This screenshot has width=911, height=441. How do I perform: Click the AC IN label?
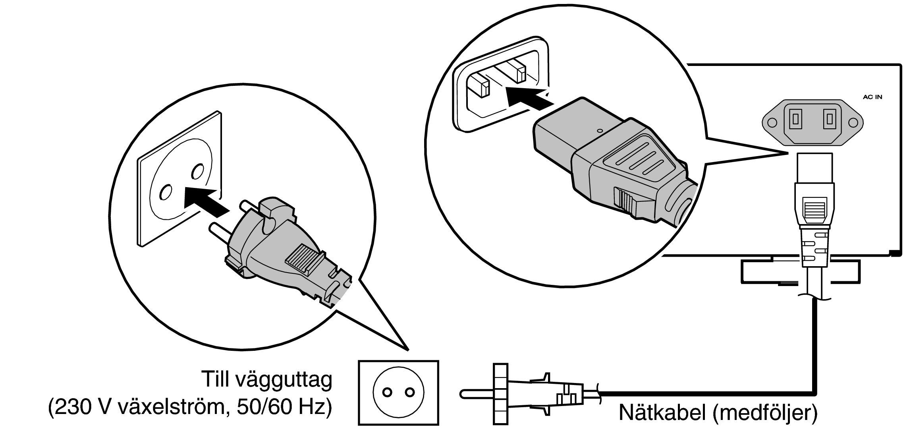(x=872, y=97)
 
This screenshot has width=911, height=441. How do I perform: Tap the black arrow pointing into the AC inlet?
(x=529, y=99)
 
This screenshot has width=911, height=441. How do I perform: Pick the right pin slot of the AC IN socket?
(x=830, y=119)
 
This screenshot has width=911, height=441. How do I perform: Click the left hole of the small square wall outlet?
(x=387, y=393)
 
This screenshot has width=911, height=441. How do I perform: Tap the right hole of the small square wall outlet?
(x=410, y=393)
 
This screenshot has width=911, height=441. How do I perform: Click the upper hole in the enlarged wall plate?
(x=197, y=171)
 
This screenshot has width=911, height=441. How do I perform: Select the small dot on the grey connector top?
(x=599, y=130)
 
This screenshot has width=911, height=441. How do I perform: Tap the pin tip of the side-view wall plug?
(x=463, y=393)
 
